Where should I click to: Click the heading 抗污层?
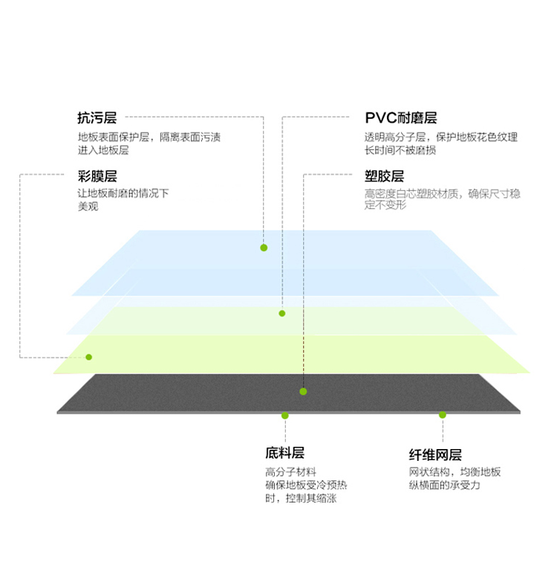point(97,118)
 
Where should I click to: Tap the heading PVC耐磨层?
point(401,118)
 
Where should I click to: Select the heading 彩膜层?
point(97,176)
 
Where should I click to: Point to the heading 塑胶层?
point(384,176)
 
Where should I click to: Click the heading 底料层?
point(285,453)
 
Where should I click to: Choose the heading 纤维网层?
point(435,455)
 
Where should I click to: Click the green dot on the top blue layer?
point(264,248)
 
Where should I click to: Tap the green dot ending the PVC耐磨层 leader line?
point(282,313)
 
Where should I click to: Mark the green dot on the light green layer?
point(89,357)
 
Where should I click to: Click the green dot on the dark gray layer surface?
point(303,392)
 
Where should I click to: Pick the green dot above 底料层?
point(285,416)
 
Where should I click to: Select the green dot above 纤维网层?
point(443,415)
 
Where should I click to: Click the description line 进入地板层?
point(103,150)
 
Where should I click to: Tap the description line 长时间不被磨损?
point(400,150)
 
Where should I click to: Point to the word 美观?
point(88,207)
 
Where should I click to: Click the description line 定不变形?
point(385,205)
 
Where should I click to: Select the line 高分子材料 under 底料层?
point(290,472)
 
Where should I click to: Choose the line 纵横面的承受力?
point(444,485)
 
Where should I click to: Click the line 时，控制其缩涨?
point(301,498)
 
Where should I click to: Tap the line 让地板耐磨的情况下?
point(123,193)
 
